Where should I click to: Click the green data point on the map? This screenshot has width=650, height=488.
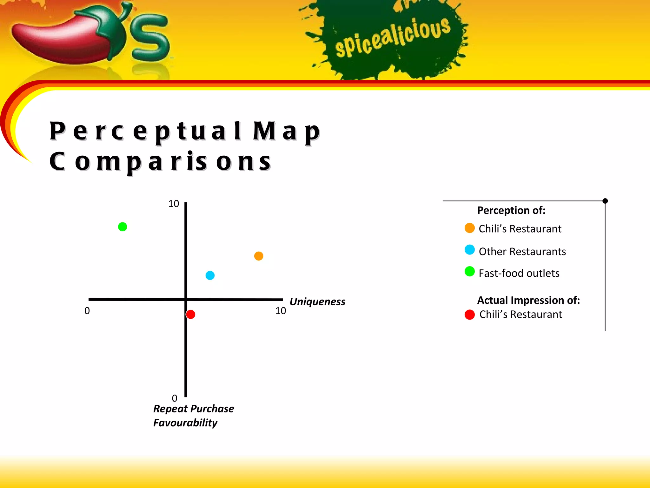123,227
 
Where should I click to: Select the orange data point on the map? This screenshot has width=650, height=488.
259,256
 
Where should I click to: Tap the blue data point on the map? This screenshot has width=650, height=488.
210,275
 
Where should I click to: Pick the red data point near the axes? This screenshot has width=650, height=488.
190,314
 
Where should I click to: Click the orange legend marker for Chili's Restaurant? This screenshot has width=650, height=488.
469,228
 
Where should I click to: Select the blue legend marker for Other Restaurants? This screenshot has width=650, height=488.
469,250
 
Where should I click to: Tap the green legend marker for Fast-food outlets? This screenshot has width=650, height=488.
469,272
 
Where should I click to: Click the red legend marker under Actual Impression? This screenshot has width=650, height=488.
469,315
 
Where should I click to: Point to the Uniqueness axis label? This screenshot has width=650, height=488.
317,302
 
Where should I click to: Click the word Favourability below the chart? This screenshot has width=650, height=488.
185,423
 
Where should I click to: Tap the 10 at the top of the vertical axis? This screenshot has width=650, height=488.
174,204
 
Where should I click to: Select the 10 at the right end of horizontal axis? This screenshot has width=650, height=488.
281,311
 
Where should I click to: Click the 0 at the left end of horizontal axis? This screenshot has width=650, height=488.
87,311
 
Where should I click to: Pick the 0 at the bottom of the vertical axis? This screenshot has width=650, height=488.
175,398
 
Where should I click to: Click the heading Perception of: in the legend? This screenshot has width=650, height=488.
511,210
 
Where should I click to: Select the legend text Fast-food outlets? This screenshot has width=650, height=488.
519,273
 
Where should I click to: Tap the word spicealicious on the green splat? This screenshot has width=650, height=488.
393,37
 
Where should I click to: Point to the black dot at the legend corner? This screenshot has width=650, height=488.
605,201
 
